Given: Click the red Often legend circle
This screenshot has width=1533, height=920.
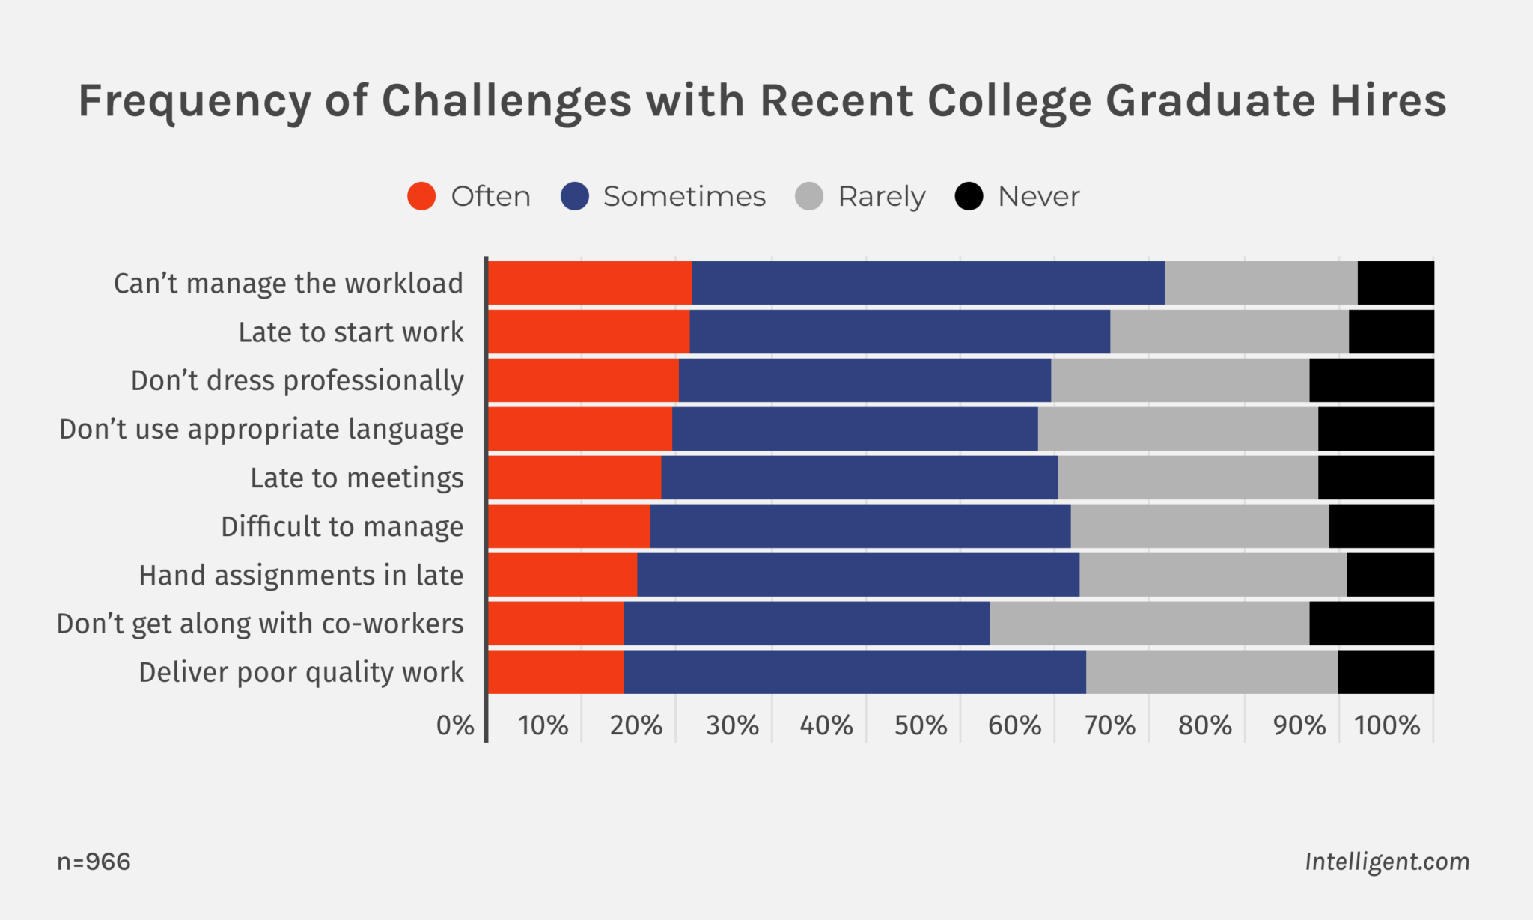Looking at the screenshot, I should point(421,196).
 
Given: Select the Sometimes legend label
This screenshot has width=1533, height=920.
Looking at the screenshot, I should point(684,196).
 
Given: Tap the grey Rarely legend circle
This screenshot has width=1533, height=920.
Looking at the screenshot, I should point(809,196).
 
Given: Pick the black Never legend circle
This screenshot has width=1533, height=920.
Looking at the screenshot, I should point(969,196).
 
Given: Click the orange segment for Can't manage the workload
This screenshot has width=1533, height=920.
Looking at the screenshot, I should point(590,283).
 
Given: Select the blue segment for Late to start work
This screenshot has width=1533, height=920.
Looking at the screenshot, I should point(900,332).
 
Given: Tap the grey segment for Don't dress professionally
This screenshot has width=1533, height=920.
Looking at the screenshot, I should point(1180,380).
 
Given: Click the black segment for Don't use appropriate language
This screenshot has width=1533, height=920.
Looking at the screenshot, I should point(1376,429).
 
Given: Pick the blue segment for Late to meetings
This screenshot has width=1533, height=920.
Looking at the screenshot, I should point(859,478).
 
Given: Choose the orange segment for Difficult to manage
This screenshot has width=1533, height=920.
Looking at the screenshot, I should point(569,526).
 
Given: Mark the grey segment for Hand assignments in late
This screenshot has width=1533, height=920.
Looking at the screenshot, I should point(1213,575).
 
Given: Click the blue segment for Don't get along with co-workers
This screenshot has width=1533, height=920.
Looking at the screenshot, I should point(807,624).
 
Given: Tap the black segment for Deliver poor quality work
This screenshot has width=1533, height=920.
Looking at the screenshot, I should point(1386,672).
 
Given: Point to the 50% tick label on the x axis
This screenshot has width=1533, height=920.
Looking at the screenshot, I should point(920,725).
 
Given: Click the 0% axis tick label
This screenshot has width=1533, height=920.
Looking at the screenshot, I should point(455,725).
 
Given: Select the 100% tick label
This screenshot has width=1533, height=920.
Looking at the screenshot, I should point(1387,725).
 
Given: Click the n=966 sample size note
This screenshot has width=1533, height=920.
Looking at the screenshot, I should point(94,862).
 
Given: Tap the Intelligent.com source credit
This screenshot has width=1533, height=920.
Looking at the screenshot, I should point(1387,862).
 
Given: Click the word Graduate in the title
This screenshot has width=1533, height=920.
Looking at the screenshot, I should point(1210,100).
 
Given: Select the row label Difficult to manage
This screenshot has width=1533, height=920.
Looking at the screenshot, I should point(342,526).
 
